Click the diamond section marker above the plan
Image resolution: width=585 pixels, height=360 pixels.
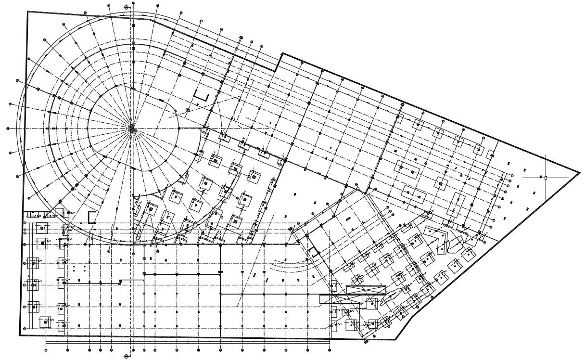[x=127, y=8]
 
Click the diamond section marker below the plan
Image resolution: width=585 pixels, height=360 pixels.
[x=127, y=356]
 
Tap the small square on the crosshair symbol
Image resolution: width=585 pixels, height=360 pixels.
[x=546, y=178]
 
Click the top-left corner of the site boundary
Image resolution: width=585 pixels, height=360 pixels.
[x=27, y=12]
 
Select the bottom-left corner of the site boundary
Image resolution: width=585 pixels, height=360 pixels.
[x=20, y=335]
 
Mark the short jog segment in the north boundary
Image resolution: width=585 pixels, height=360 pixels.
[x=278, y=62]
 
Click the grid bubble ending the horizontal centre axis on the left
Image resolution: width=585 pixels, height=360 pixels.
[x=8, y=129]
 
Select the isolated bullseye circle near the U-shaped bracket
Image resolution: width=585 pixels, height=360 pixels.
[x=188, y=110]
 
